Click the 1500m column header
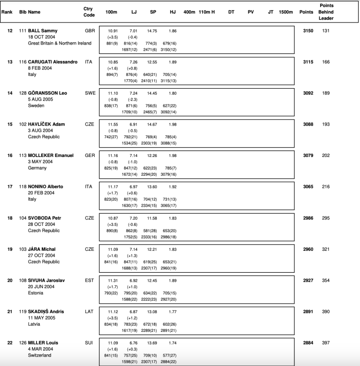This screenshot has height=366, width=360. coord(285,12)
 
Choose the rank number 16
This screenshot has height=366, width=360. coord(10,155)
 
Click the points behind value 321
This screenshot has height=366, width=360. coord(325,249)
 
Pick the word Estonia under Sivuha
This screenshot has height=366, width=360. coord(36,293)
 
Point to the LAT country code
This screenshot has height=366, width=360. coord(89,311)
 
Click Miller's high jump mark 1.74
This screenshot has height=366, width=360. coord(173,343)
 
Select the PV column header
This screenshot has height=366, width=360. coord(250,12)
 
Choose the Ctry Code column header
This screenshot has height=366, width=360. coord(89,12)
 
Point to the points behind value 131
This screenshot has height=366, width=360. coord(325,30)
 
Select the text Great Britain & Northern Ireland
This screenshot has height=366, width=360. coord(60,43)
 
